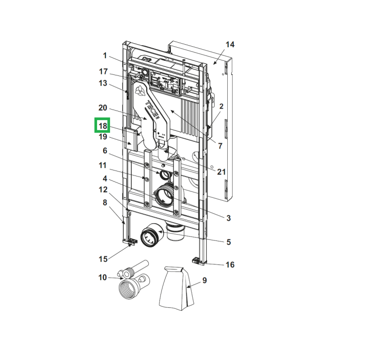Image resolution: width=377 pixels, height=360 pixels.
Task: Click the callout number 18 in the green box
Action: pyautogui.click(x=103, y=126)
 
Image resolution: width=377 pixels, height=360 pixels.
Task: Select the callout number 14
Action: pyautogui.click(x=230, y=44)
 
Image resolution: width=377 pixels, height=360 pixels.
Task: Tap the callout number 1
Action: pyautogui.click(x=105, y=55)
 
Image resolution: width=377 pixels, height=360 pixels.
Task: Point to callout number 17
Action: pyautogui.click(x=104, y=71)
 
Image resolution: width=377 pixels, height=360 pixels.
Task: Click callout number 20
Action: pyautogui.click(x=103, y=108)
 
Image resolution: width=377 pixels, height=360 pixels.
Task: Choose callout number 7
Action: pyautogui.click(x=220, y=146)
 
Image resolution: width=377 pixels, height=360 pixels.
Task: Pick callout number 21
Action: pyautogui.click(x=222, y=171)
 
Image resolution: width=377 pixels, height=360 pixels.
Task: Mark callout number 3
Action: pyautogui.click(x=228, y=218)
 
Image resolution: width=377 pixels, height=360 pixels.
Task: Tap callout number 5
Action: pyautogui.click(x=228, y=242)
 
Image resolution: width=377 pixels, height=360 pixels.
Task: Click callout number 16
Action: pyautogui.click(x=230, y=264)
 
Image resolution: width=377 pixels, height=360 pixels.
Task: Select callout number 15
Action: pyautogui.click(x=103, y=259)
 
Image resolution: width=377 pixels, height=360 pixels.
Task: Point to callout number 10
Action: pyautogui.click(x=103, y=277)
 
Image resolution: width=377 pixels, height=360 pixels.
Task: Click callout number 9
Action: pyautogui.click(x=205, y=280)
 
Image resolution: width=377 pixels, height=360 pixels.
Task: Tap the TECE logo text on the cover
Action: pyautogui.click(x=152, y=110)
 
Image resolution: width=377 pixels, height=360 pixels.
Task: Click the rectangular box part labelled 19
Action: pyautogui.click(x=131, y=139)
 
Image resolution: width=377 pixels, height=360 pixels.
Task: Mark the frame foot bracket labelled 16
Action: pyautogui.click(x=199, y=261)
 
